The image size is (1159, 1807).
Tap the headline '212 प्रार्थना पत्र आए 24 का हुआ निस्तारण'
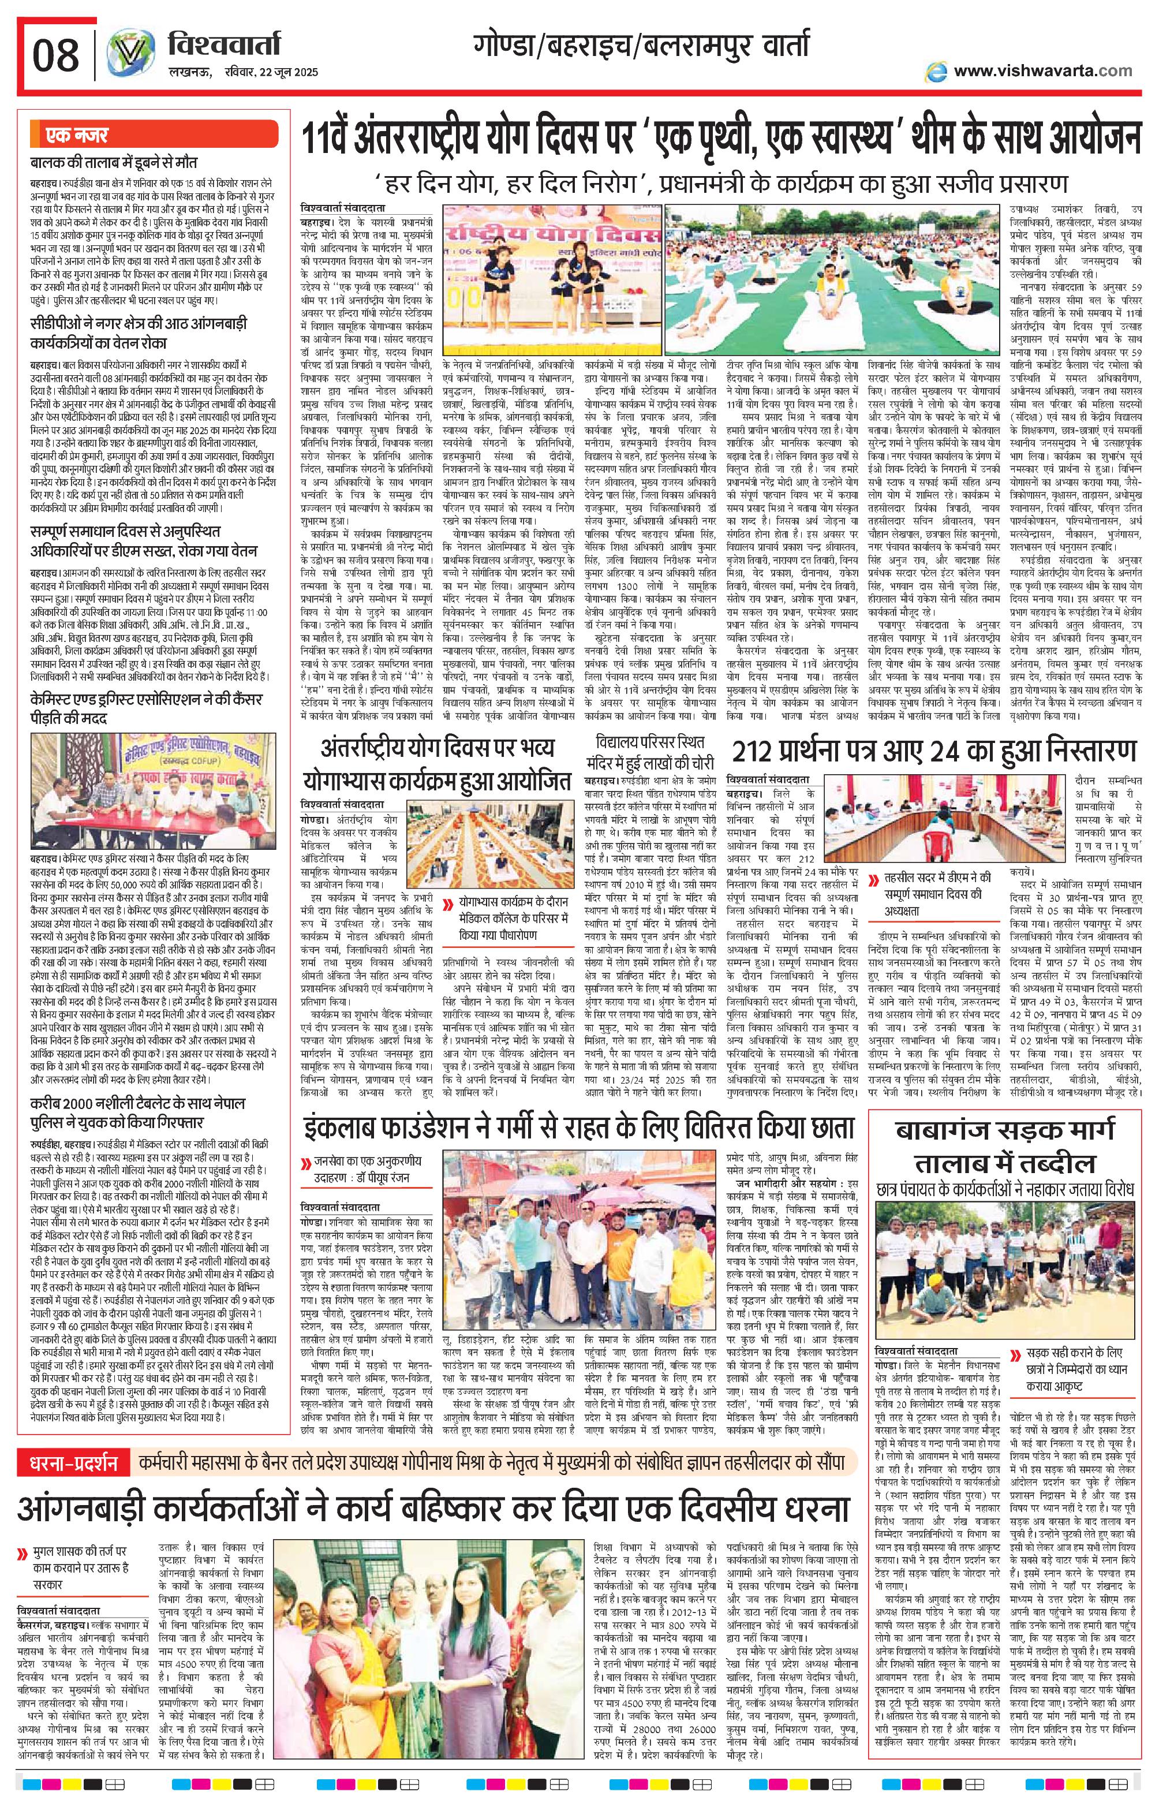click(x=933, y=752)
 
